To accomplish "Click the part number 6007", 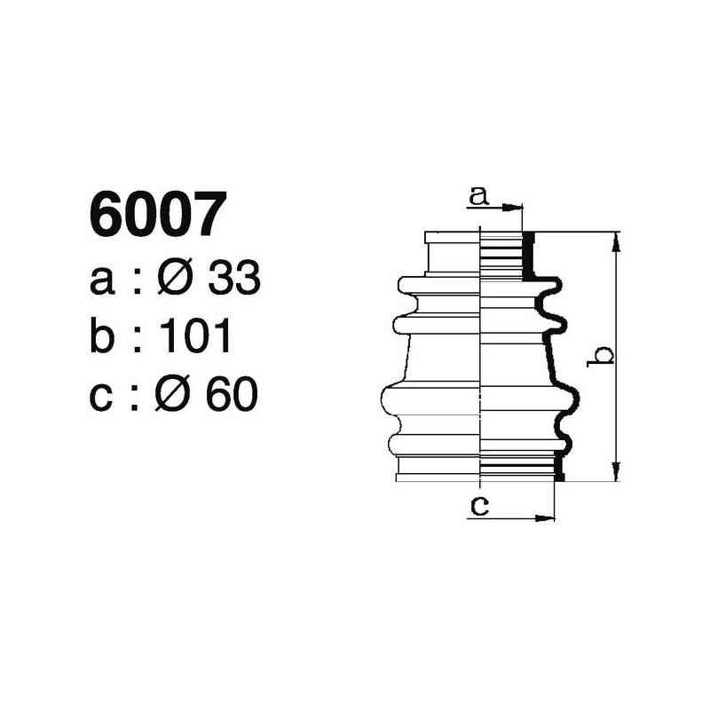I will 153,217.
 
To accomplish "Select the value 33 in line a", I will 233,280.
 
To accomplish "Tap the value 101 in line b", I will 197,337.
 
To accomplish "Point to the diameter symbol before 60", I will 174,395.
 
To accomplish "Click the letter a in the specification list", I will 102,282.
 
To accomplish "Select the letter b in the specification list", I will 103,337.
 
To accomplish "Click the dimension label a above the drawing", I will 478,196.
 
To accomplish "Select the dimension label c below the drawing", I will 478,507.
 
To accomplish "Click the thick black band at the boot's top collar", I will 528,256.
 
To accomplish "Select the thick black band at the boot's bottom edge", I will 558,467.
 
